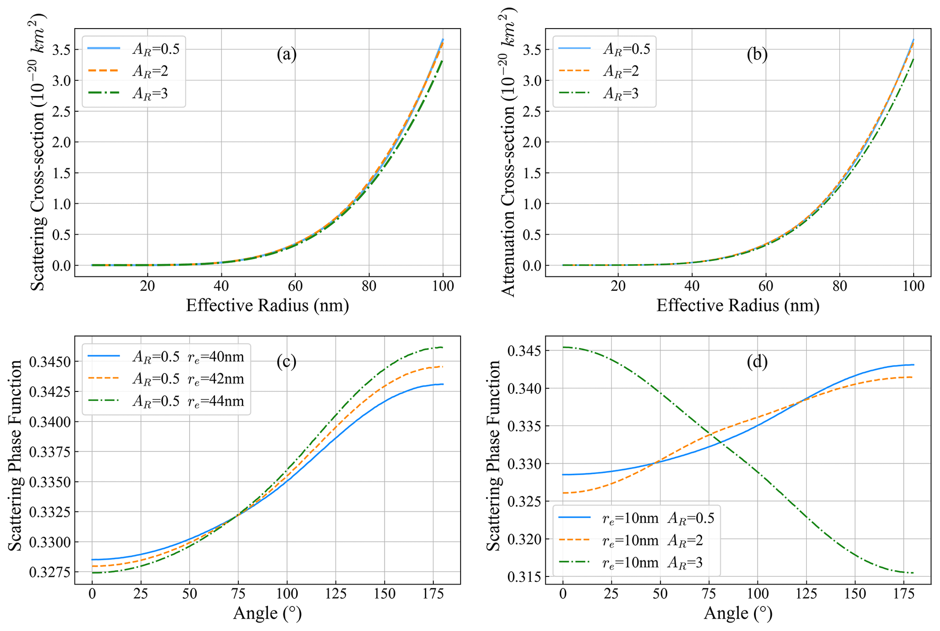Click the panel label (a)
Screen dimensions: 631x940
tap(287, 54)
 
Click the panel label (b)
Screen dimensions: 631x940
tap(757, 54)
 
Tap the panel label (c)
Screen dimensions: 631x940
tap(287, 361)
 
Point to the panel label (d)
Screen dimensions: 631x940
tap(757, 361)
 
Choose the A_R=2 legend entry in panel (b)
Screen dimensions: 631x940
tap(621, 71)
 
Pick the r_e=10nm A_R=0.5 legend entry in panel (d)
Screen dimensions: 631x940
tap(658, 518)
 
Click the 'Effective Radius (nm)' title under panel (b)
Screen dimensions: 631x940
tap(738, 305)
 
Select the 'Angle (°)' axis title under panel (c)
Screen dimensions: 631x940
tap(267, 613)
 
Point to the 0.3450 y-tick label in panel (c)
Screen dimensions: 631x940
tap(48, 362)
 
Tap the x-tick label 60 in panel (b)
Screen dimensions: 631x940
tap(766, 286)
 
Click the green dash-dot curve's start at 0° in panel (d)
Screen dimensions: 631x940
tap(563, 347)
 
